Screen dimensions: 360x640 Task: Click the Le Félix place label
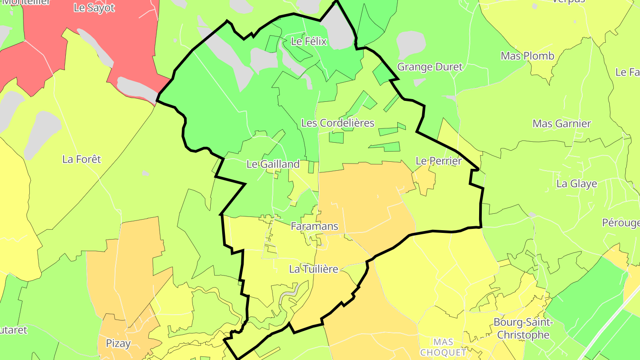pos(308,42)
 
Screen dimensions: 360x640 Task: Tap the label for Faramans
pos(314,226)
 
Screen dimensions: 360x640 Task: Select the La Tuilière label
pos(314,269)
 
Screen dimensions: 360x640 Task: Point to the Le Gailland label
pos(273,164)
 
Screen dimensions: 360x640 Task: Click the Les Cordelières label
pos(338,123)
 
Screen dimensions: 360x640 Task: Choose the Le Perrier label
pos(439,161)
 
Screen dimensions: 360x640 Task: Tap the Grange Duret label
pos(430,67)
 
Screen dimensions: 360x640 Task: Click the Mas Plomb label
pos(528,56)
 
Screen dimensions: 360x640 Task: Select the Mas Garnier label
pos(562,124)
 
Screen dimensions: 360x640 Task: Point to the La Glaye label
pos(577,184)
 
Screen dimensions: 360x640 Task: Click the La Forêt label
pos(82,159)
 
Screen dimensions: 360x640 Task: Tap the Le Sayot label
pos(94,8)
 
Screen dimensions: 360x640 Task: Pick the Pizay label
pos(118,343)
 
